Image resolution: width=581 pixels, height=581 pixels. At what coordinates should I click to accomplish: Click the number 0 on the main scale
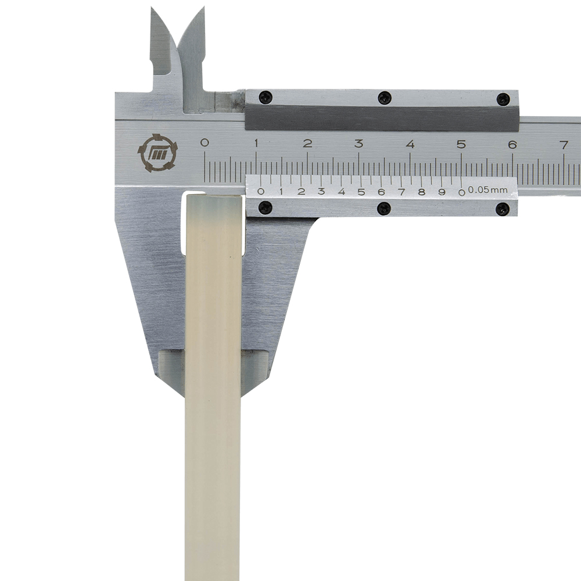pos(204,143)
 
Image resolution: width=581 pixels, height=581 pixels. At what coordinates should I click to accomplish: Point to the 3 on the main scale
pos(358,144)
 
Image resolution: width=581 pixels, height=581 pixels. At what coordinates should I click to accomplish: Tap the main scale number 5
pos(461,144)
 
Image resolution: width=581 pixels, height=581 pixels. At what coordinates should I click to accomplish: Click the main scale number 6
pos(512,144)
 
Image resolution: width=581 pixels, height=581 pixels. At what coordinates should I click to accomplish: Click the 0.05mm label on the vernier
pos(487,191)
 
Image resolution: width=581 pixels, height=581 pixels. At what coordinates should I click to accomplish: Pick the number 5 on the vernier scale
pos(361,192)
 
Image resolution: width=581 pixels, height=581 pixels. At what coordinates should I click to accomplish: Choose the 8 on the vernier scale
pos(421,192)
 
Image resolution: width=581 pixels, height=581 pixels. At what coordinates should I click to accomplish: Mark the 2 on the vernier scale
pos(301,192)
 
